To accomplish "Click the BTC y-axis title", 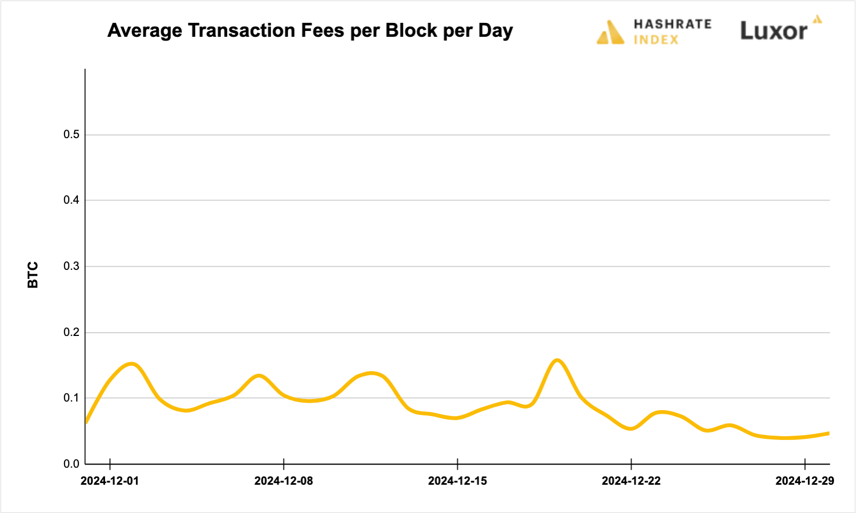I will [x=33, y=275].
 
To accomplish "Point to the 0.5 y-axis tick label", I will [x=71, y=134].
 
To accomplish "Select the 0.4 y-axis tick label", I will [x=71, y=200].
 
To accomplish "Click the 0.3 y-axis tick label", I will [x=71, y=266].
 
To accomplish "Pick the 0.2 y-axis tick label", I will [x=71, y=332].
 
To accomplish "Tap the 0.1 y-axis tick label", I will [x=71, y=398].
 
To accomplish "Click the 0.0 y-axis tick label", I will [x=71, y=464].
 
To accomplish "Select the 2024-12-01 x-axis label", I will [x=110, y=481].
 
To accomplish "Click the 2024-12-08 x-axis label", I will [x=284, y=481].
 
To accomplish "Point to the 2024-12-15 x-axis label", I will [x=457, y=481].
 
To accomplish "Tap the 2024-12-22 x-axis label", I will [x=631, y=481].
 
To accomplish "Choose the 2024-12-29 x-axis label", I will [x=804, y=481].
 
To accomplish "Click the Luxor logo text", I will [x=774, y=31].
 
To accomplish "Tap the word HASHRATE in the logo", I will [x=673, y=24].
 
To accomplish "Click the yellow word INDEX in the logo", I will [x=656, y=40].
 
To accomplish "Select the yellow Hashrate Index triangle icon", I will [x=611, y=33].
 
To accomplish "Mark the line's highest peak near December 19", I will [x=557, y=360].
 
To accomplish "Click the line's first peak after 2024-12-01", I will [x=132, y=364].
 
